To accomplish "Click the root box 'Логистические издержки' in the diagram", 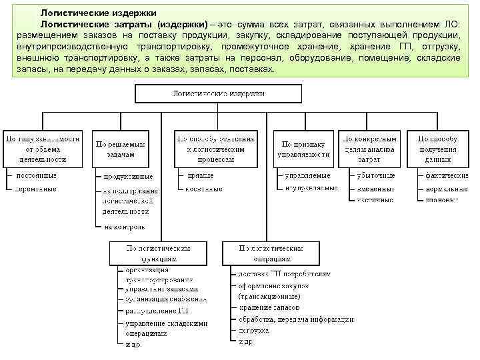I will pyautogui.click(x=219, y=94).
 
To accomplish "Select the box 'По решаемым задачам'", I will pyautogui.click(x=120, y=149).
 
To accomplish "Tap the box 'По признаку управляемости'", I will pyautogui.click(x=304, y=149).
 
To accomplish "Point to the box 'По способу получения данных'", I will pyautogui.click(x=438, y=149).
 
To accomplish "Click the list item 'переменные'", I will pyautogui.click(x=36, y=189).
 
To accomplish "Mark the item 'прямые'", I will pyautogui.click(x=201, y=175).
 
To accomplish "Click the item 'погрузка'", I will pyautogui.click(x=254, y=330).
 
